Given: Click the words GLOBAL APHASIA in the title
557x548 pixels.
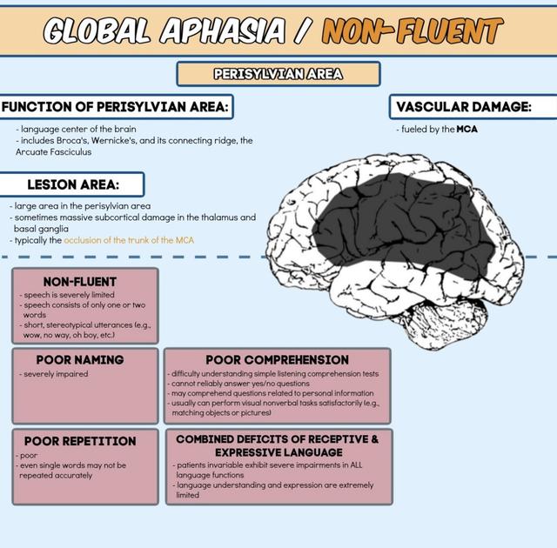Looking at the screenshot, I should (x=165, y=31).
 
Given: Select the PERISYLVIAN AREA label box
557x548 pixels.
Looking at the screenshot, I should (x=278, y=74).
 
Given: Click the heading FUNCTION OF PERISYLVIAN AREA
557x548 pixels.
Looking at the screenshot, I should (x=116, y=107).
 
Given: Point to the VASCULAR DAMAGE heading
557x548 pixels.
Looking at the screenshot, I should (x=463, y=107).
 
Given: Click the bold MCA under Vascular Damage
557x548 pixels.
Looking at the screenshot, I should (x=466, y=130).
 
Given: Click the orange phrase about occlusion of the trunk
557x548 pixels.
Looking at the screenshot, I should (x=128, y=240).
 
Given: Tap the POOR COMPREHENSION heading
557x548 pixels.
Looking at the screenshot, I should (x=277, y=359).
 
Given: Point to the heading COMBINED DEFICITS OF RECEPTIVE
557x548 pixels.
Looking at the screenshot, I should (x=277, y=439).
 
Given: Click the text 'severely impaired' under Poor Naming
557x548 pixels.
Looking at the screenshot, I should (x=54, y=374).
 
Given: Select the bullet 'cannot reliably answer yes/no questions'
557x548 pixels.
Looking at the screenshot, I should (x=239, y=384).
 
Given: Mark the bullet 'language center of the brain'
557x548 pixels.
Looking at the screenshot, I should (x=77, y=130).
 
